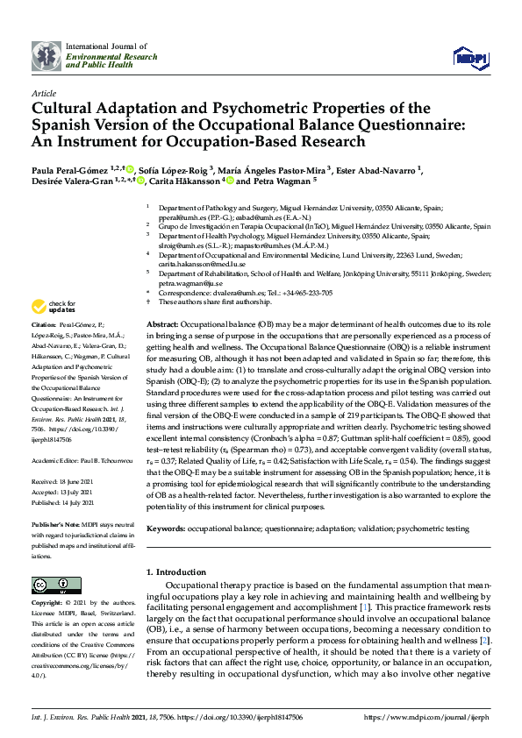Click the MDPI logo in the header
470,56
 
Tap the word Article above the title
44,93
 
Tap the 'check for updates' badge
53,307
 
